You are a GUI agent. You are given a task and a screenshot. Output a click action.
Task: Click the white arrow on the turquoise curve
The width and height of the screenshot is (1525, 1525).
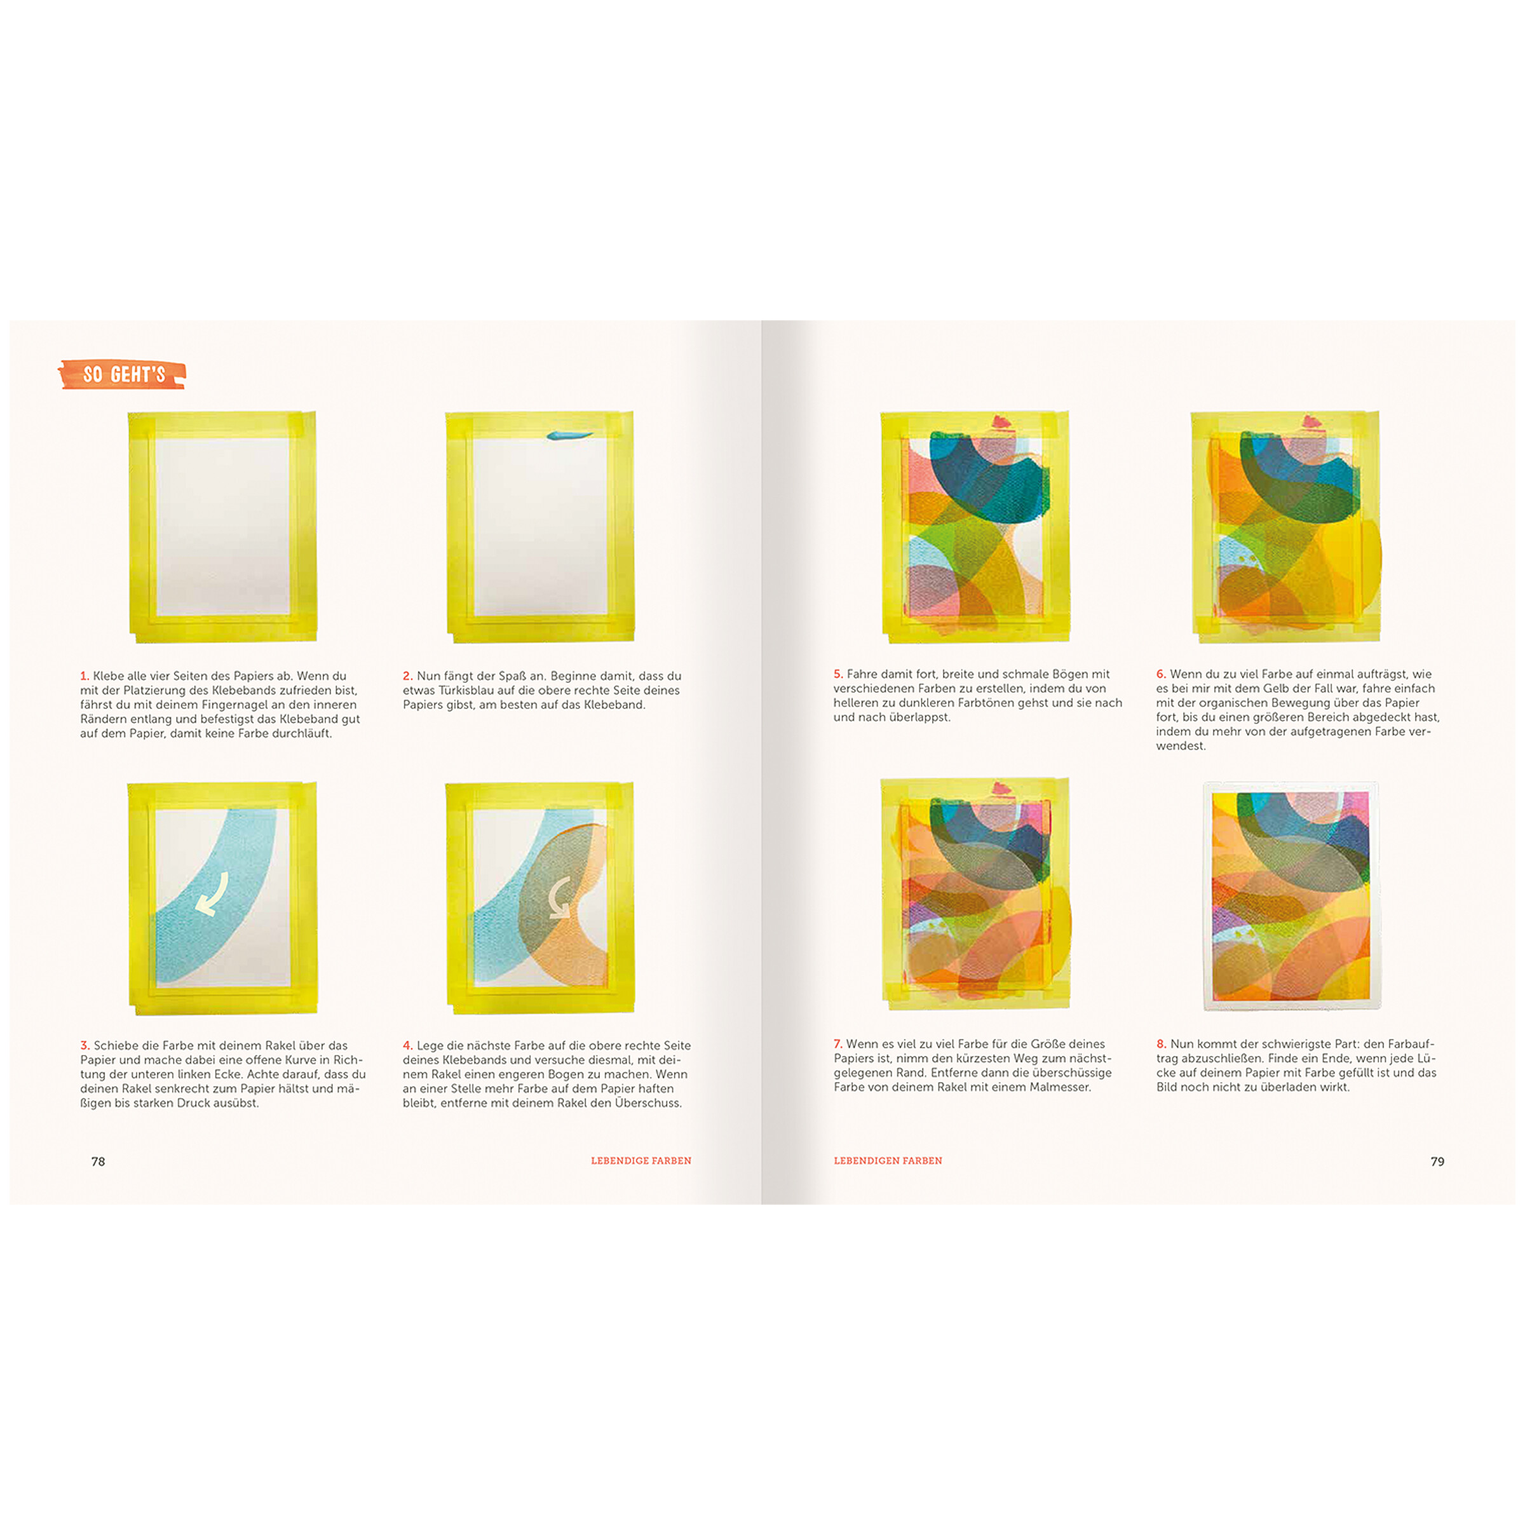[x=212, y=893]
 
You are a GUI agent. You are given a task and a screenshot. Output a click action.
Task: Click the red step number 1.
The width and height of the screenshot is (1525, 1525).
[x=85, y=675]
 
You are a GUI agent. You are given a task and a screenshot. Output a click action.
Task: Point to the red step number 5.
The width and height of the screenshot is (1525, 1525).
[x=838, y=674]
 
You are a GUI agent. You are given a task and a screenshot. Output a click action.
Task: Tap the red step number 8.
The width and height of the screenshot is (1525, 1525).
[x=1161, y=1043]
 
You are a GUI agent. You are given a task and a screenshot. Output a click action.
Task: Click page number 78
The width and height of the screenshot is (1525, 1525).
[x=98, y=1161]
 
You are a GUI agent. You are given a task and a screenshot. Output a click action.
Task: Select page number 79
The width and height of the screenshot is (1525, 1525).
[x=1437, y=1161]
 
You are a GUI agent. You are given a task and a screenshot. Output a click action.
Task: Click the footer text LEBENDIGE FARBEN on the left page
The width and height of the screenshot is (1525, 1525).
[x=641, y=1160]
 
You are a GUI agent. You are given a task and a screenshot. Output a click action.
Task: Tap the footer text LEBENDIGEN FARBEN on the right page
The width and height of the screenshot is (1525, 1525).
[x=888, y=1160]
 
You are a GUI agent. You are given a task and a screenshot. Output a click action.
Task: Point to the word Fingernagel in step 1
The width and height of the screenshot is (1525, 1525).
[x=232, y=705]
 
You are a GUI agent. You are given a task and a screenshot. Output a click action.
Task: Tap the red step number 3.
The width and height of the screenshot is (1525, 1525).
[x=85, y=1045]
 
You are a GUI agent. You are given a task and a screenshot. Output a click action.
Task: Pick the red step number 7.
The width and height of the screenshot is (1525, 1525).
[x=838, y=1043]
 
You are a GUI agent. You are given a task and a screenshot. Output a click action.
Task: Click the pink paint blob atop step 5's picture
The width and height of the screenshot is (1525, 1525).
[x=1001, y=421]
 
